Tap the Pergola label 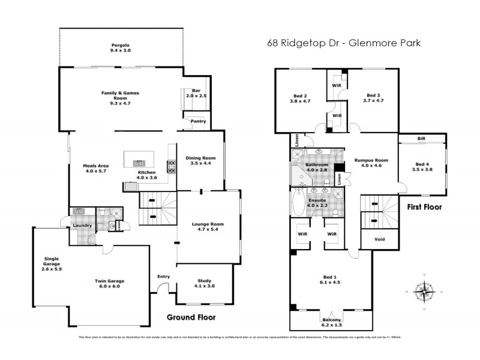(x=121, y=48)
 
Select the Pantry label (x=198, y=122)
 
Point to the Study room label (x=205, y=283)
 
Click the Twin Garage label (x=109, y=283)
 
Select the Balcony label (x=332, y=322)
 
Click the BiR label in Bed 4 (x=421, y=138)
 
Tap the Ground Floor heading (x=190, y=317)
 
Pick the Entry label (x=163, y=276)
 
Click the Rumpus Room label (x=368, y=163)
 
